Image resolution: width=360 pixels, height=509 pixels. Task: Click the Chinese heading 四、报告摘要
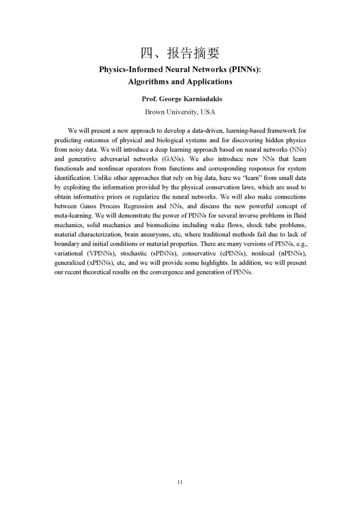[179, 53]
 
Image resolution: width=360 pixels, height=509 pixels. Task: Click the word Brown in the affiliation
[156, 111]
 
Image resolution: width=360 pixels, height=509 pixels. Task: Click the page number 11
[180, 482]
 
